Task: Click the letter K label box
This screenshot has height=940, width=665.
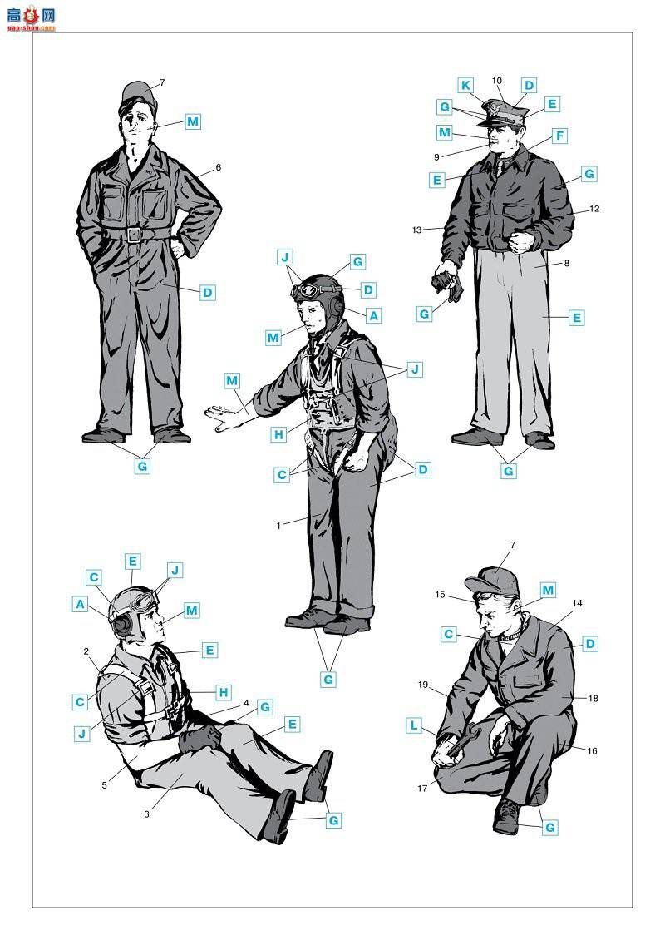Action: coord(465,85)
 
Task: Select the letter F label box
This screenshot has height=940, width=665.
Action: coord(559,136)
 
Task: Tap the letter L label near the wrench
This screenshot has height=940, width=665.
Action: coord(414,726)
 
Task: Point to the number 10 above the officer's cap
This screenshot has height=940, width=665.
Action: coord(496,81)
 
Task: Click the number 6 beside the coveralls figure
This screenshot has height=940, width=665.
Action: coord(219,167)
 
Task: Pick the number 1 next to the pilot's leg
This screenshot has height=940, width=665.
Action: coord(278,526)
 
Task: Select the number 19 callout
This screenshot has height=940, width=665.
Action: coord(423,685)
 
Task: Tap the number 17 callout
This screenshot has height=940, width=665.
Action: coord(422,789)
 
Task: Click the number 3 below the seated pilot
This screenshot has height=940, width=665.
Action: coord(147,814)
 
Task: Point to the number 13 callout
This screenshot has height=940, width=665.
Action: coord(417,230)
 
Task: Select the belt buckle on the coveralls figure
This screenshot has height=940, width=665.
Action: coord(134,235)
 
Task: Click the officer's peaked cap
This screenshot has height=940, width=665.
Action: coord(503,112)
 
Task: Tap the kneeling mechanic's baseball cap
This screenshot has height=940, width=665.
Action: coord(492,582)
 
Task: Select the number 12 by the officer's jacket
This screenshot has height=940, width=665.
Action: coord(594,210)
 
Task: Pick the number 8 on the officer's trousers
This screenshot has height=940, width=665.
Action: coord(567,263)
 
